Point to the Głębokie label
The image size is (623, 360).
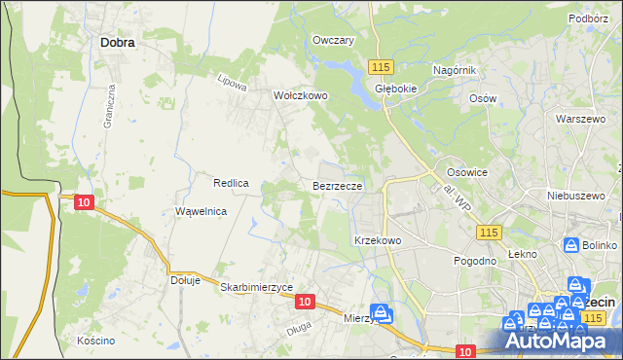coord(395,86)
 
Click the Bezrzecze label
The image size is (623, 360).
coord(338,185)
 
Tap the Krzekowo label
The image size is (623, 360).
coord(378,239)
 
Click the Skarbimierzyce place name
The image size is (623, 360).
coord(257,287)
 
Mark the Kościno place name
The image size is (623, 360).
coord(95,341)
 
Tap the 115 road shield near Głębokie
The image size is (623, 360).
coord(381,65)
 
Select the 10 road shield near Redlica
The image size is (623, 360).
coord(84,201)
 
